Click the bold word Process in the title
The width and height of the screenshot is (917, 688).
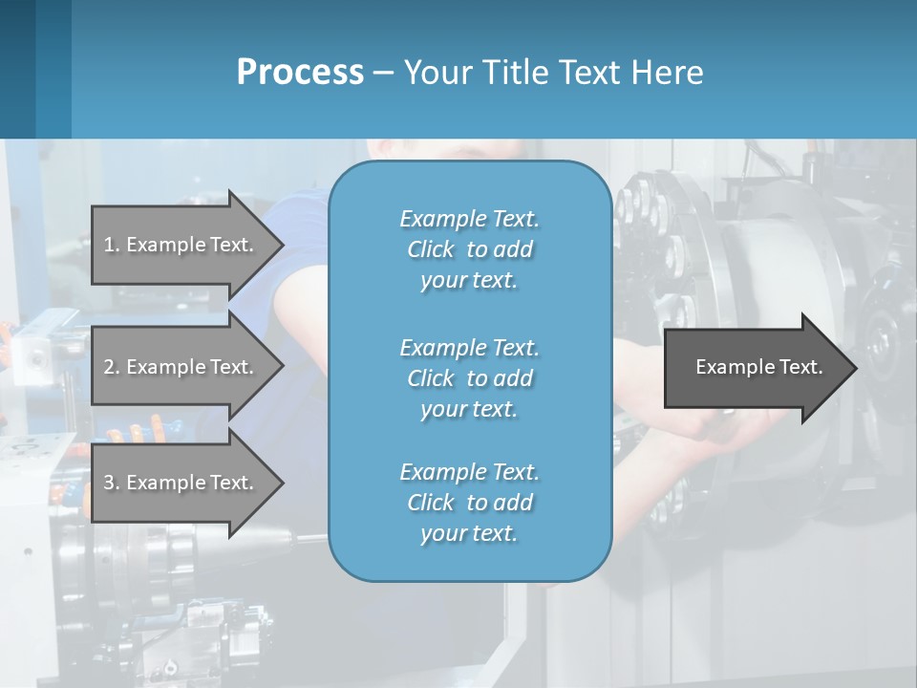click(300, 73)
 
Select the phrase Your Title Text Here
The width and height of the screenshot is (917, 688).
click(553, 73)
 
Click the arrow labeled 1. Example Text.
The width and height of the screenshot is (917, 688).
click(181, 245)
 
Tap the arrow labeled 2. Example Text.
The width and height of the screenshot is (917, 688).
click(181, 367)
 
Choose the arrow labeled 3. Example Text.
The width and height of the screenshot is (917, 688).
click(181, 483)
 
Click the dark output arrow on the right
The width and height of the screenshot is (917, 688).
click(755, 368)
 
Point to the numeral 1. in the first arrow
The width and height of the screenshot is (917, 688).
click(112, 245)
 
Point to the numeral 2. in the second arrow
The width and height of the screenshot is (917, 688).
click(112, 367)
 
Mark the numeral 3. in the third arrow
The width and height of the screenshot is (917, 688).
click(112, 483)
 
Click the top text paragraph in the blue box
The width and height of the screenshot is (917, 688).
click(469, 249)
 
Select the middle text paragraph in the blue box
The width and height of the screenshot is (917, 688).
click(469, 378)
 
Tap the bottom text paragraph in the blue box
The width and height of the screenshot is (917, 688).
click(469, 503)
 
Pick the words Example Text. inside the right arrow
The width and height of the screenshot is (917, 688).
click(759, 367)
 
